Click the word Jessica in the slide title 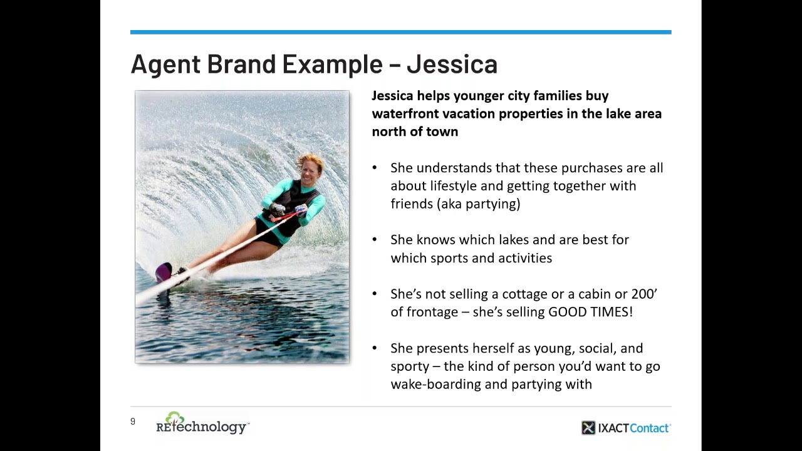point(452,64)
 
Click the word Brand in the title point(241,64)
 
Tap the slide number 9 point(133,422)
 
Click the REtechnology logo point(202,424)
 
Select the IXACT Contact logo point(625,428)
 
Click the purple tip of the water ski point(164,271)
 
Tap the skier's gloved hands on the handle point(288,211)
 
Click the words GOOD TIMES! point(590,311)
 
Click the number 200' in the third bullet point(644,294)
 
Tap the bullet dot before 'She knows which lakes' point(375,240)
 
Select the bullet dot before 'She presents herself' point(375,348)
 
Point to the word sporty point(409,366)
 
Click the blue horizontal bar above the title point(400,32)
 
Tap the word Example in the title point(332,64)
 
